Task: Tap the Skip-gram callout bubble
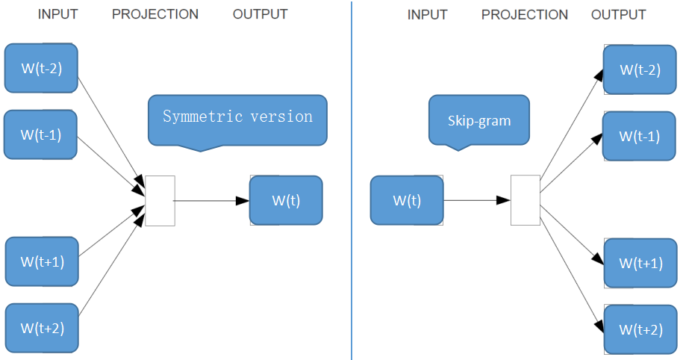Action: pos(478,120)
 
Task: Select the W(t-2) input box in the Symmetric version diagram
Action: pos(41,68)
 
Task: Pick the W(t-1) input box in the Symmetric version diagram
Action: pos(41,135)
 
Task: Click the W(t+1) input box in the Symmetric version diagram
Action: pos(42,261)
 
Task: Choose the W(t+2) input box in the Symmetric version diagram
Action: pos(42,327)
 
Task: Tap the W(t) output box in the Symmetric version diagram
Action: pos(286,200)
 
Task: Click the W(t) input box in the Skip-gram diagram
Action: pos(407,200)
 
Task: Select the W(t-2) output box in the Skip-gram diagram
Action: pos(640,69)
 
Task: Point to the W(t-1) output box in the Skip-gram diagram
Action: pos(640,136)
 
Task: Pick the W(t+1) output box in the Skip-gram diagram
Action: pos(640,263)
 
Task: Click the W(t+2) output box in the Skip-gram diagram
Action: pos(640,329)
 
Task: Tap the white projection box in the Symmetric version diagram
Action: pos(160,200)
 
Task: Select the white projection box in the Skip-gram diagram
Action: pos(525,200)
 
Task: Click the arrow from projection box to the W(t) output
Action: pos(212,200)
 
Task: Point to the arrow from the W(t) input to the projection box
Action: pos(476,200)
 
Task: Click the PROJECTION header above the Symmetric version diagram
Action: pos(155,14)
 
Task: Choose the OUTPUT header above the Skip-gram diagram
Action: pos(618,15)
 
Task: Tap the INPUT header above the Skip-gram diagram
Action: pos(427,15)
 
